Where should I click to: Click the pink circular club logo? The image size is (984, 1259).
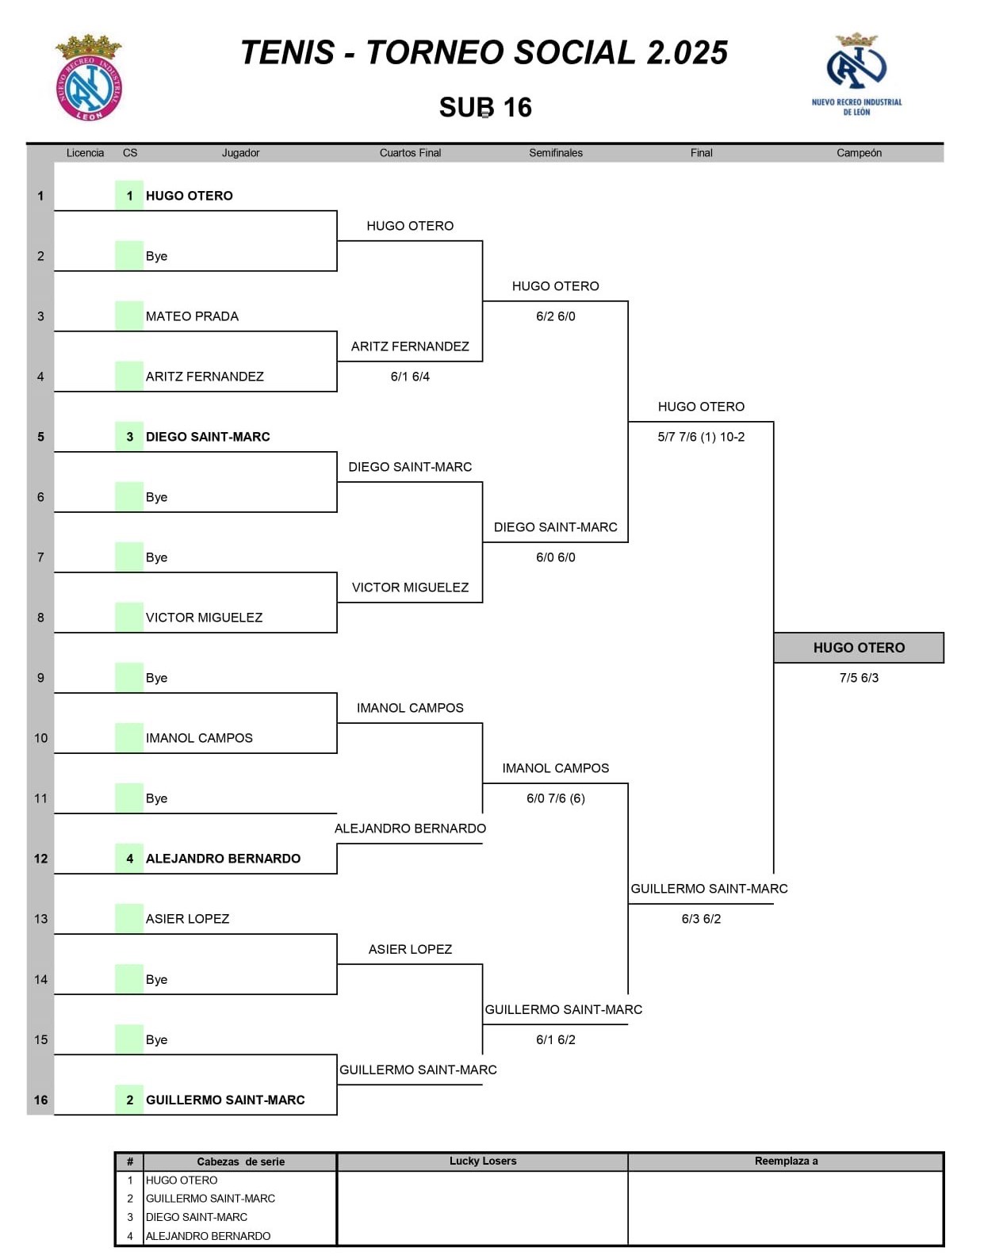coord(89,78)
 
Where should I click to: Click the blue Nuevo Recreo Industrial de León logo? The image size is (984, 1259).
coord(856,75)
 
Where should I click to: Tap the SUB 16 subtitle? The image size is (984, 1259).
coord(485,107)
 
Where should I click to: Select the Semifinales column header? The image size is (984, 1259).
coord(555,153)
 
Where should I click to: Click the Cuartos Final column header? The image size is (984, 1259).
coord(410,153)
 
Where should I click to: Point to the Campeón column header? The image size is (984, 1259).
coord(859,153)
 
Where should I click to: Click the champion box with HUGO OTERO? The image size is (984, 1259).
coord(859,648)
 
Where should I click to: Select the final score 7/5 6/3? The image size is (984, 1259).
coord(859,678)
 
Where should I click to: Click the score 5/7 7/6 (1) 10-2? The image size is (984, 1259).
coord(701,437)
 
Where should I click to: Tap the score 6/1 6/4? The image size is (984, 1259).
coord(410,377)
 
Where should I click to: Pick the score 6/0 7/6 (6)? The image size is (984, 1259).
coord(555,798)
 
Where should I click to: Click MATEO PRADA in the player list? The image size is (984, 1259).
coord(192,316)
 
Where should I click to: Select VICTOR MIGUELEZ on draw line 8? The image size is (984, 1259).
coord(204,618)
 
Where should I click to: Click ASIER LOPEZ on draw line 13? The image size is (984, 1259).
coord(187,919)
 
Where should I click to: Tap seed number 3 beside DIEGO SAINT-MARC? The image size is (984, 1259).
coord(130,437)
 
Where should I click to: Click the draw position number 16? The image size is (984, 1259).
coord(40,1100)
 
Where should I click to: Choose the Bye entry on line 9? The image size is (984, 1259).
coord(156,678)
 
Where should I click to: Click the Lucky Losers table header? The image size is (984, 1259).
coord(482,1161)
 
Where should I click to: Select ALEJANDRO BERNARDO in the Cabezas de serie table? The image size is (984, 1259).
coord(208,1236)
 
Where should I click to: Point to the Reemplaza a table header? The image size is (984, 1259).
coord(786,1161)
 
